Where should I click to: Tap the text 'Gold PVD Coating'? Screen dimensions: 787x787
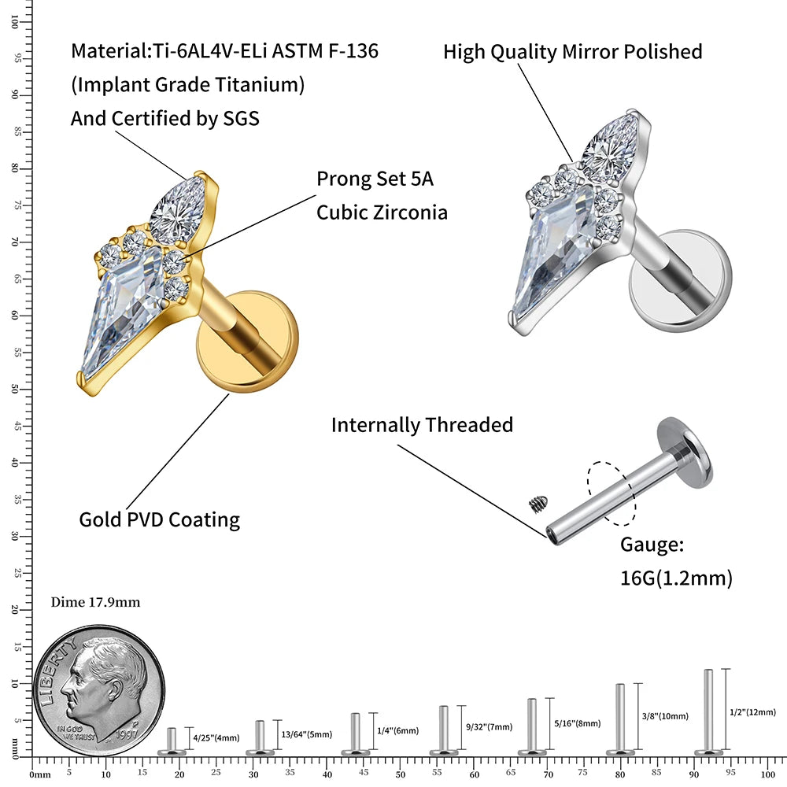159,519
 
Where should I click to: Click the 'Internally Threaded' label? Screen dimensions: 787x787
422,425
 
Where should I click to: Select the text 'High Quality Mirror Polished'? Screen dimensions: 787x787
572,52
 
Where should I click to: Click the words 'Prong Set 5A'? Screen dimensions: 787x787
375,179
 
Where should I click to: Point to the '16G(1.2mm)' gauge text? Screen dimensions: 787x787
676,578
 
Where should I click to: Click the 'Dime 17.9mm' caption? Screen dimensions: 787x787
95,603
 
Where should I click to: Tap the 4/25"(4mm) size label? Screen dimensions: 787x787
218,737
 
